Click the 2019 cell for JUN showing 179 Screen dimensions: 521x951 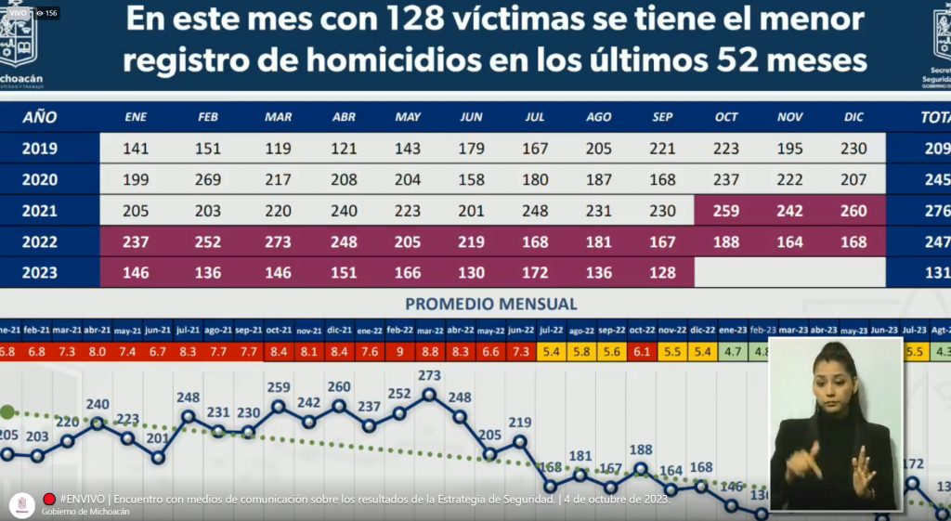click(472, 149)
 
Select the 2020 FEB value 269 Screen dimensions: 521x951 click(208, 180)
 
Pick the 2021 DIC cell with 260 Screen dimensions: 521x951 click(853, 211)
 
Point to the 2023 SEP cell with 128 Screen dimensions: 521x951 click(662, 273)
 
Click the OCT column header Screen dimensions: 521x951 click(726, 117)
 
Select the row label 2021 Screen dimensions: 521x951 click(39, 211)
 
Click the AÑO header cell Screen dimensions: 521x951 click(39, 117)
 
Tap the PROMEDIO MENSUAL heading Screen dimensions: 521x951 click(490, 304)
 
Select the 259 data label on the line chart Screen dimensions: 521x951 click(278, 387)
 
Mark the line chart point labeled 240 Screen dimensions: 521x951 click(98, 423)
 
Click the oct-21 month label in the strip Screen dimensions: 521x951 click(278, 330)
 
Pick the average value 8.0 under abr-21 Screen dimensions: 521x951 click(98, 352)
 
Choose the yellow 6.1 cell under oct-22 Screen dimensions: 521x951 click(641, 352)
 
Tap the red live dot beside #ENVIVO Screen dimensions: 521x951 click(48, 499)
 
